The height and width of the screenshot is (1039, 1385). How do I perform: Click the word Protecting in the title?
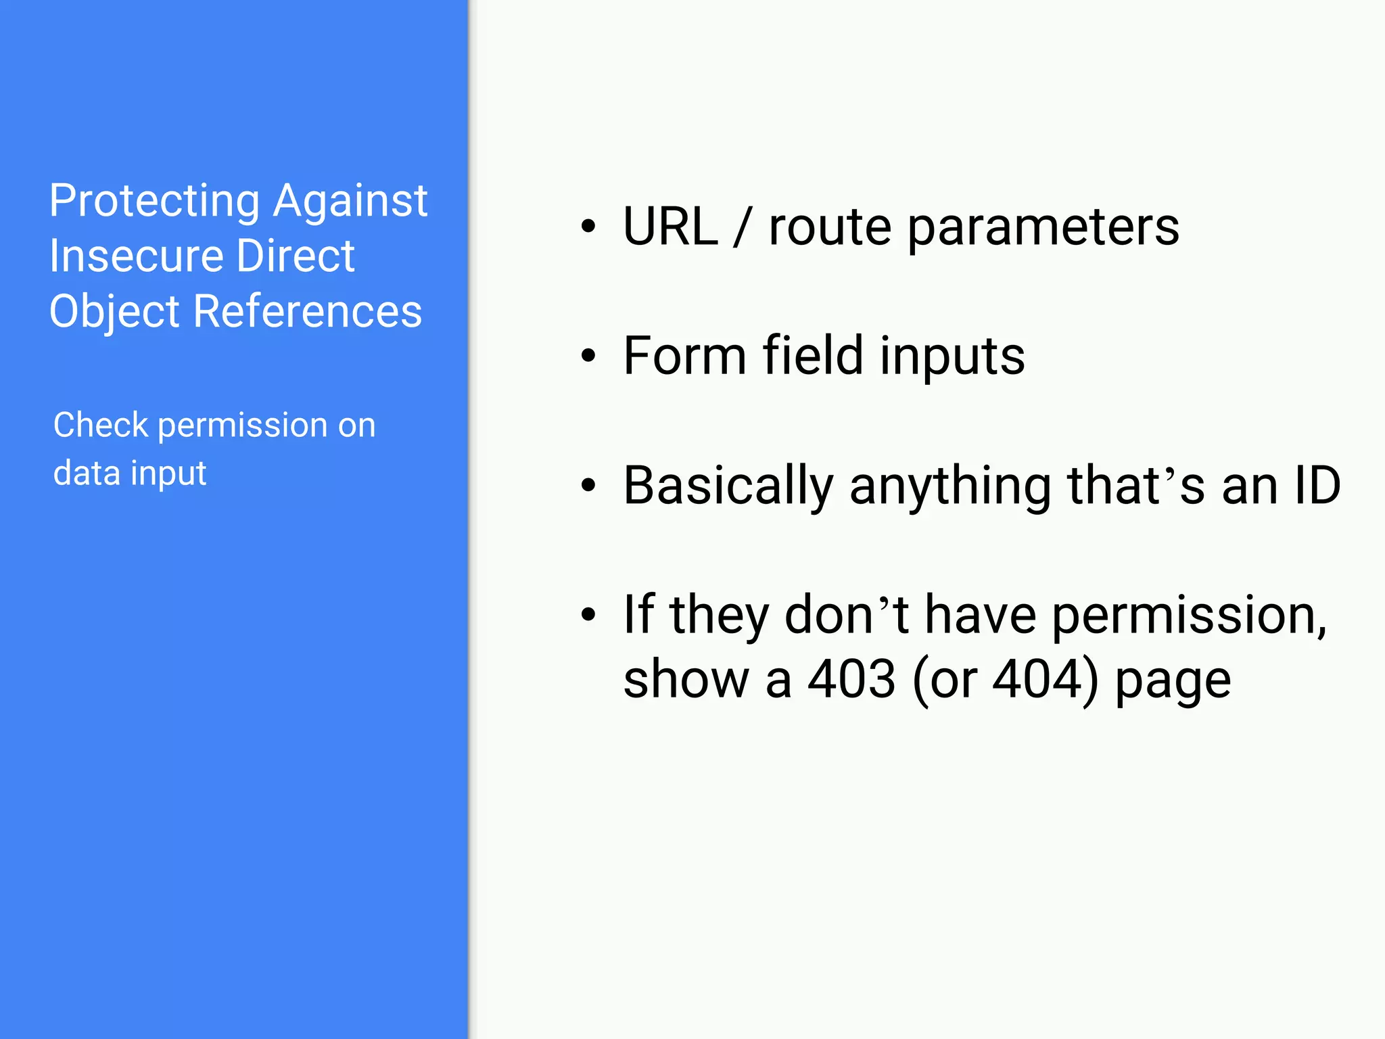pos(154,202)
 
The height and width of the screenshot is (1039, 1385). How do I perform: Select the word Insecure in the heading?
pos(135,256)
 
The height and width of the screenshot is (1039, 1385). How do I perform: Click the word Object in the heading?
pos(114,312)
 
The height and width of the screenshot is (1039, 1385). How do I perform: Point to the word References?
pos(307,312)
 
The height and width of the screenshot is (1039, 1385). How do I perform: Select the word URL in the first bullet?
pos(670,227)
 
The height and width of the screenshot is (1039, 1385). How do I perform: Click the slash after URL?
pos(743,228)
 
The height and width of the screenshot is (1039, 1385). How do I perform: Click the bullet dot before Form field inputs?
pos(588,356)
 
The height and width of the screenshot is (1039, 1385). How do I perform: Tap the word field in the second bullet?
pos(813,356)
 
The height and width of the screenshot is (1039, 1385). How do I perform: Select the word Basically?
pos(728,486)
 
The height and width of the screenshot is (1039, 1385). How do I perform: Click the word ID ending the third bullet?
pos(1316,485)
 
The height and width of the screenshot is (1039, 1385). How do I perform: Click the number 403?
pos(852,679)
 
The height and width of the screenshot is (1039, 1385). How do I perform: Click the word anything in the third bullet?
pos(950,486)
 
